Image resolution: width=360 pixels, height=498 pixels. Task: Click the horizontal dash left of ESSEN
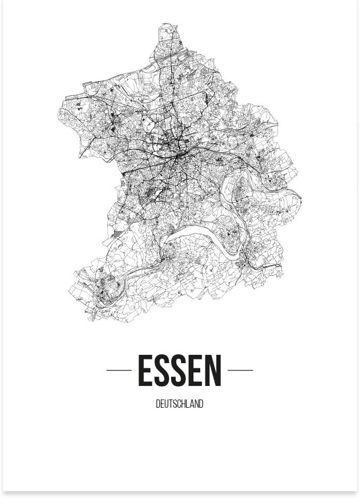119,370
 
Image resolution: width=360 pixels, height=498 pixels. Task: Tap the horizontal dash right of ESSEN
240,370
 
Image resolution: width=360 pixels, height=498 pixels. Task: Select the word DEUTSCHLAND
179,404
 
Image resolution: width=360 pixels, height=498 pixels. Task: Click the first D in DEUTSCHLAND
158,404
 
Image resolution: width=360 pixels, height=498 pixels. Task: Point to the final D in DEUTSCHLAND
201,404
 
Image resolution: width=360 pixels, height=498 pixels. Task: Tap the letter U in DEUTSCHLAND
166,404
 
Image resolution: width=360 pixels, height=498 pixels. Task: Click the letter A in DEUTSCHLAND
192,404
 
